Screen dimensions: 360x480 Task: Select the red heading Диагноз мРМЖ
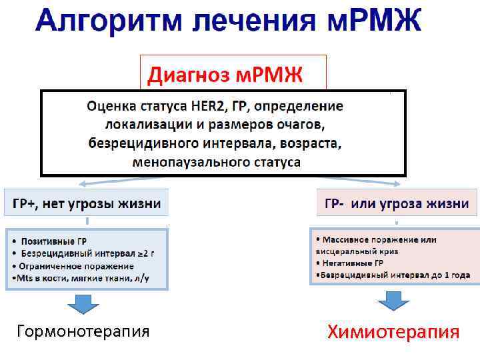pyautogui.click(x=225, y=74)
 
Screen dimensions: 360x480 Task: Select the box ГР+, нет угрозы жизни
pyautogui.click(x=87, y=203)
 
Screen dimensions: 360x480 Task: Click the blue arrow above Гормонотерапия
pyautogui.click(x=83, y=305)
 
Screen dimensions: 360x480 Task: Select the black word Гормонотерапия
pyautogui.click(x=83, y=331)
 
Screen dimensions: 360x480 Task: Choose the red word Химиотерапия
pyautogui.click(x=393, y=331)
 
